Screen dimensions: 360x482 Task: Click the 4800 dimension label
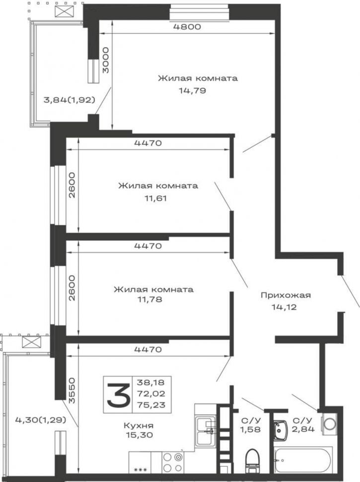187,27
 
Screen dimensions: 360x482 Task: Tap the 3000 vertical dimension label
106,60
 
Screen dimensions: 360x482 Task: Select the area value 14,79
192,90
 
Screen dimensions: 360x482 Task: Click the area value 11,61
156,198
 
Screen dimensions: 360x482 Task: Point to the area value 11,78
150,299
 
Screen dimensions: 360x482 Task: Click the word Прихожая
286,295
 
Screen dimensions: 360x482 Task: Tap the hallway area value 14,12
284,307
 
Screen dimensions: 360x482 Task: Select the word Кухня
139,426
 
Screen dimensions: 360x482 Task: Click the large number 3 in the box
118,395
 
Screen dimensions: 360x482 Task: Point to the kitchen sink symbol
206,430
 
